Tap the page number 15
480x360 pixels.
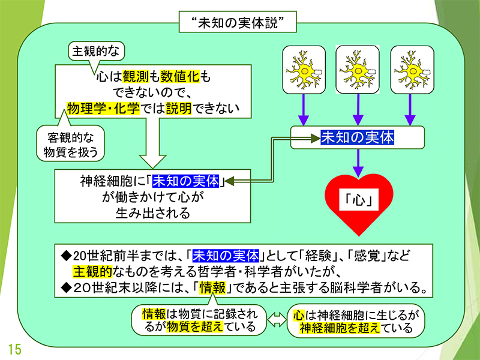pyautogui.click(x=14, y=349)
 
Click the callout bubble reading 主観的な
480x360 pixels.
pyautogui.click(x=96, y=51)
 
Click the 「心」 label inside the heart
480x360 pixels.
pyautogui.click(x=358, y=200)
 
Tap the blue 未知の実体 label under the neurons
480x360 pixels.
pyautogui.click(x=358, y=137)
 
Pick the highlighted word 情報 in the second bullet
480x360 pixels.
pyautogui.click(x=212, y=287)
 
